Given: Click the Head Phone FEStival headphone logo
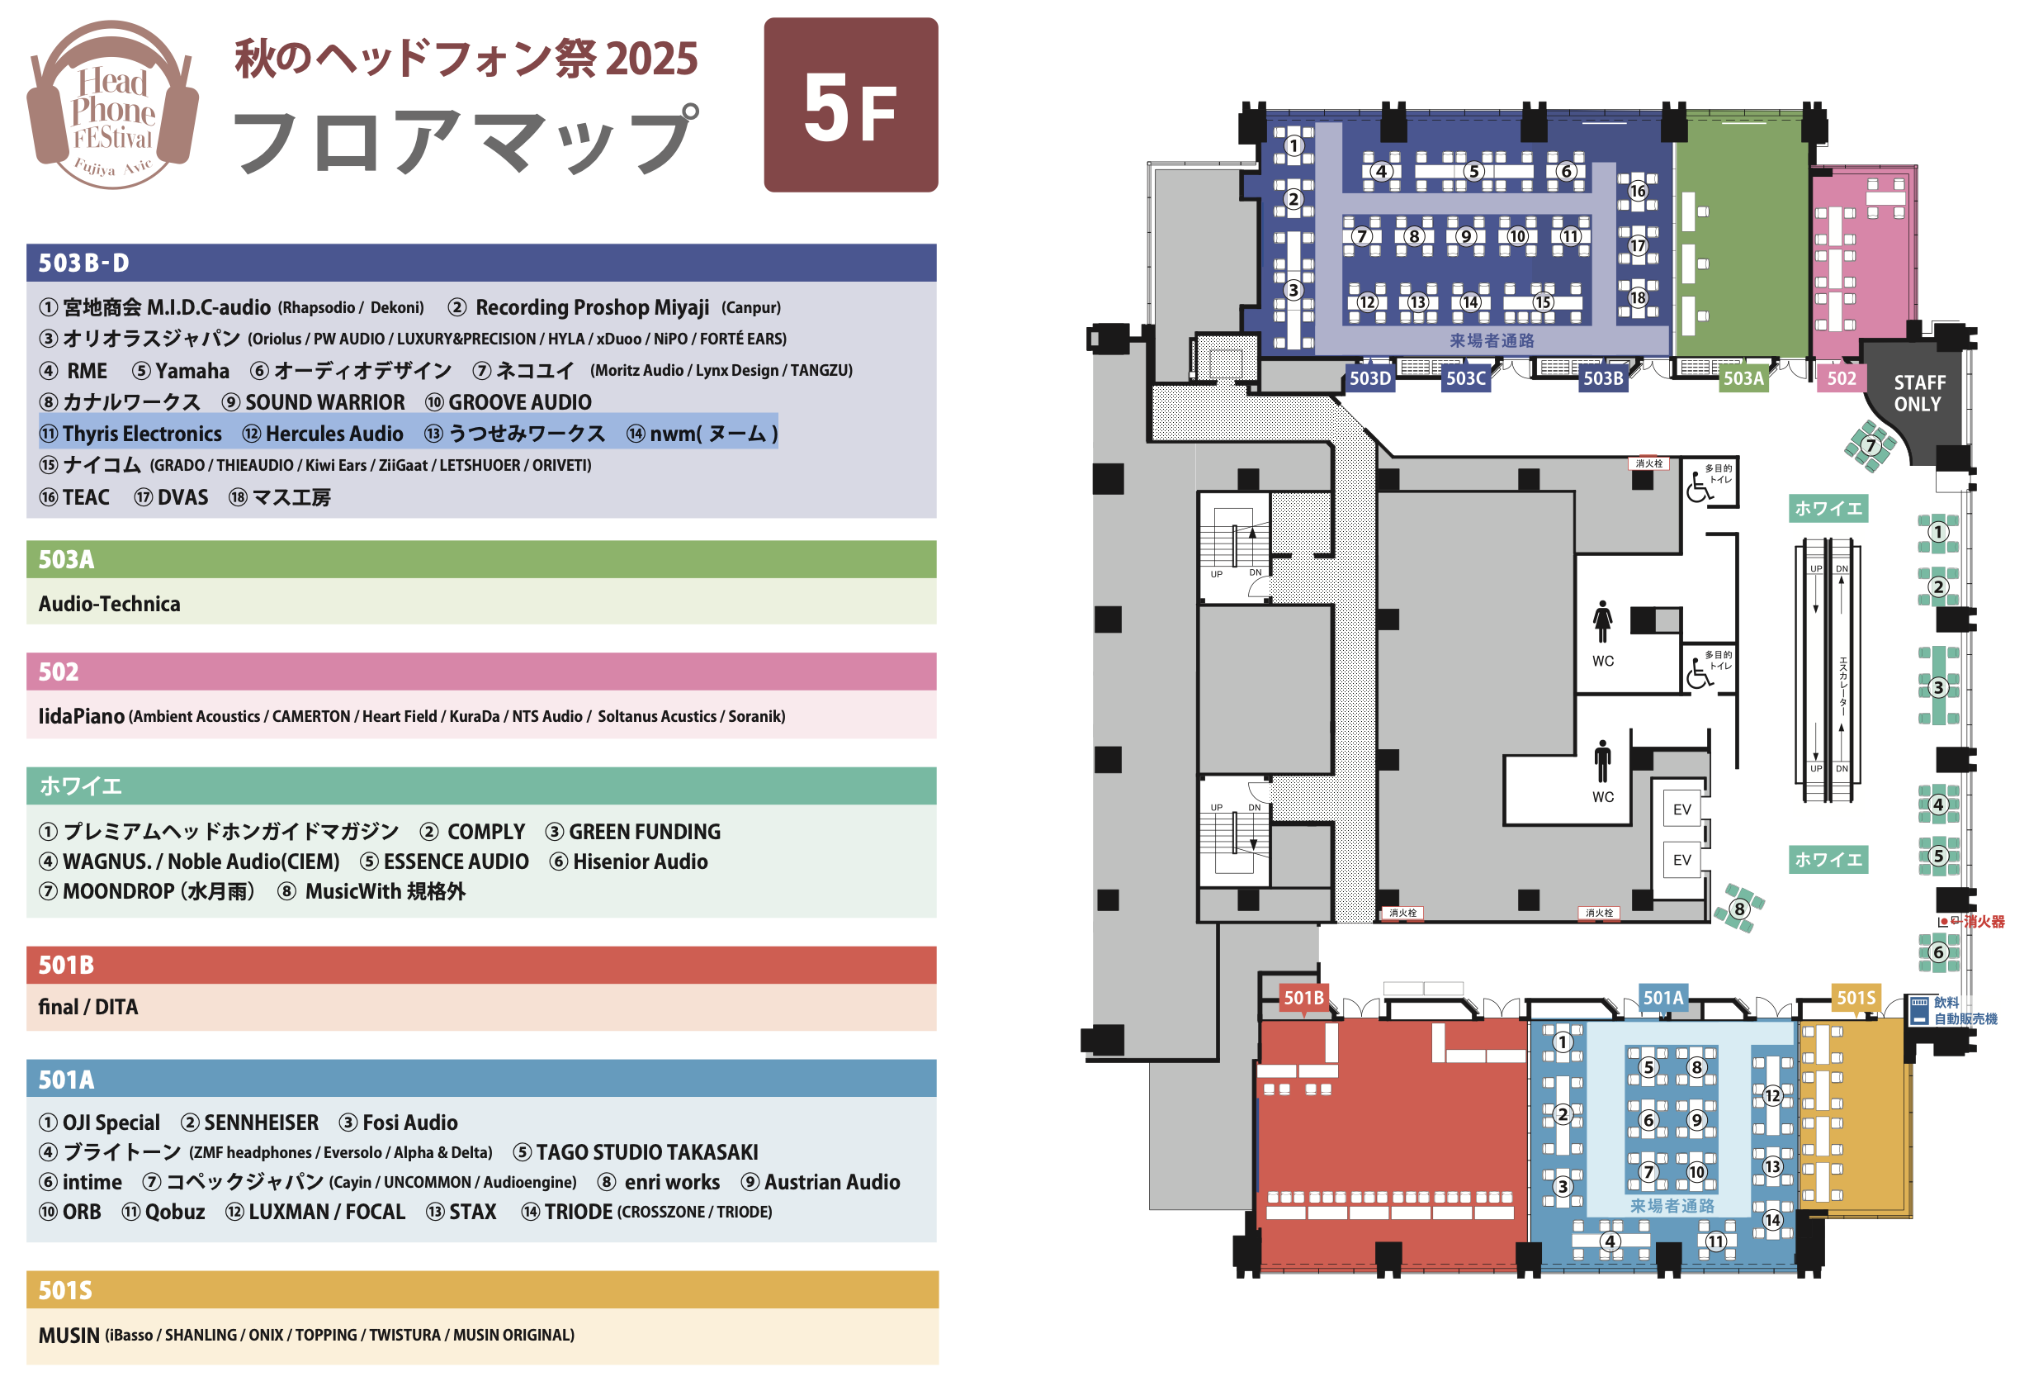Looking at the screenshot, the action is pos(112,105).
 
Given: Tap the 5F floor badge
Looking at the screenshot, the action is pos(850,105).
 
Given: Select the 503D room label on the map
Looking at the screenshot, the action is pos(1369,378).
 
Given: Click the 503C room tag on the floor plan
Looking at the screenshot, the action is pos(1465,378).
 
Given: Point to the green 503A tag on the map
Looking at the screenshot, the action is pos(1743,378).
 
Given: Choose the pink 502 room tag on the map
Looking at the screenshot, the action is pos(1842,378).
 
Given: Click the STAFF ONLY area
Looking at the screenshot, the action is pos(1918,394).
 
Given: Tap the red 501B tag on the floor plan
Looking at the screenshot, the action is pos(1303,997).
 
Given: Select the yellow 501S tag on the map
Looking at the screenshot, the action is pos(1856,997).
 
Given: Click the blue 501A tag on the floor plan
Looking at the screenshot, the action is pos(1662,997).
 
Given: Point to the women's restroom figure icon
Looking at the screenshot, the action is pos(1602,621).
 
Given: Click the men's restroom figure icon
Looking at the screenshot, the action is pos(1602,761).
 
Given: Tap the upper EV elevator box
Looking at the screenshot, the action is pos(1681,809).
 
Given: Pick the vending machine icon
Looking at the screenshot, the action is pos(1918,1010).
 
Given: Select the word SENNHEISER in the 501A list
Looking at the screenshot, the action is pos(261,1123).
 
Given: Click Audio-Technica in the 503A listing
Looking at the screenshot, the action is pos(109,604).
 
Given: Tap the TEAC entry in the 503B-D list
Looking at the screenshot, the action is pos(86,497).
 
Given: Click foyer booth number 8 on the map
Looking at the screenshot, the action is pos(1739,909).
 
